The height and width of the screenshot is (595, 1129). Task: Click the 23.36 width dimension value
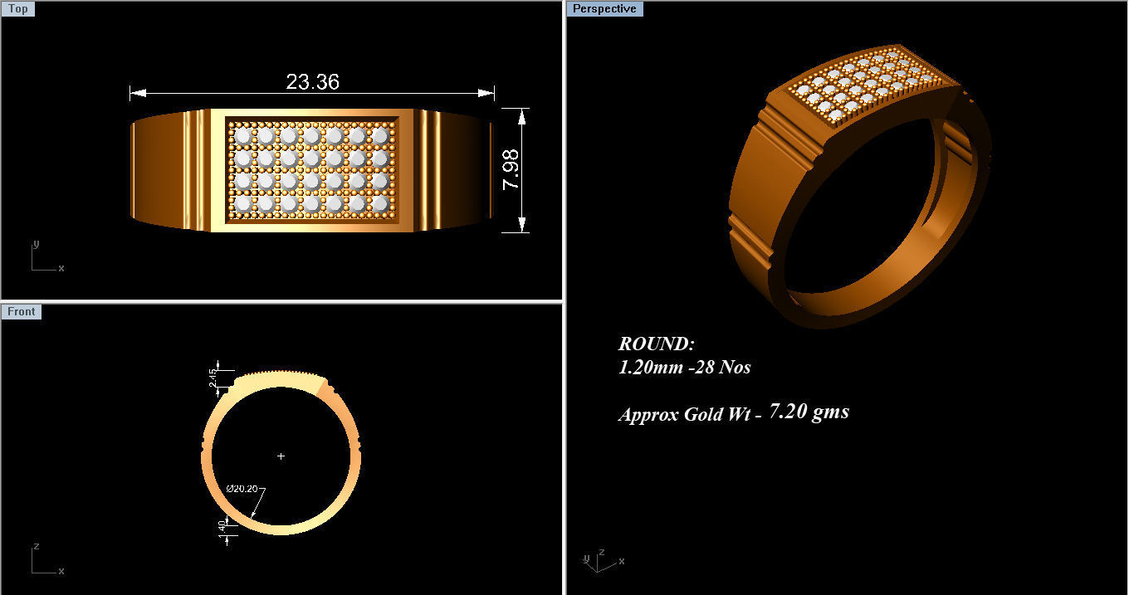[x=312, y=82]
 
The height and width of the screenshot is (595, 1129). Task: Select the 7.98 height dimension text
[x=511, y=169]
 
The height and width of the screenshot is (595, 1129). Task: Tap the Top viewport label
[x=18, y=9]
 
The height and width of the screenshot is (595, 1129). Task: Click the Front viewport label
[x=21, y=312]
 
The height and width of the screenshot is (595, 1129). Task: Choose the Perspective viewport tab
[x=604, y=9]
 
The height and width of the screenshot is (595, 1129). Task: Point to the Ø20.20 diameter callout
[x=242, y=488]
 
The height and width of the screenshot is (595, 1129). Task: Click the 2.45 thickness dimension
[x=214, y=378]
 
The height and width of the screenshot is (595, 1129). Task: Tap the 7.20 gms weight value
[x=809, y=411]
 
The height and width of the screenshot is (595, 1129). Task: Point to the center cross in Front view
[x=281, y=456]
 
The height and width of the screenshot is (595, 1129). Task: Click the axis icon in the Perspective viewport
[x=598, y=560]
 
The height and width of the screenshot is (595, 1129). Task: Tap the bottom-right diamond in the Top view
[x=379, y=203]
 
